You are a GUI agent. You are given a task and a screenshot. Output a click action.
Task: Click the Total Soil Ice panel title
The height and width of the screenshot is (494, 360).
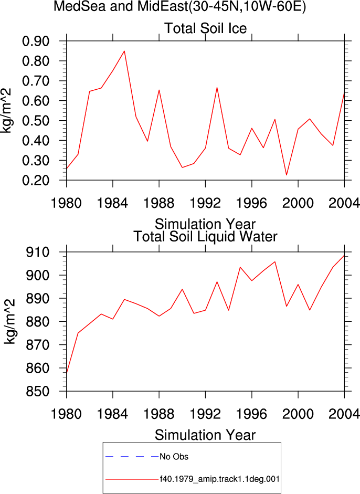(x=205, y=28)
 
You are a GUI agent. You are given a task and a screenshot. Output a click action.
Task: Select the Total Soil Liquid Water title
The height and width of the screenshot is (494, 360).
(x=205, y=237)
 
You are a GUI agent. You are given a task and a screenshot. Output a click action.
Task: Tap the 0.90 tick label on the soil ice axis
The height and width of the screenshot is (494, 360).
(x=36, y=41)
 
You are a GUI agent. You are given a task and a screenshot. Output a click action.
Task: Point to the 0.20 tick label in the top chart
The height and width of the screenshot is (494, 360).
(x=36, y=181)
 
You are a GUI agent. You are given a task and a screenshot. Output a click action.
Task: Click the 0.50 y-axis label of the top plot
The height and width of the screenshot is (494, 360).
(x=36, y=121)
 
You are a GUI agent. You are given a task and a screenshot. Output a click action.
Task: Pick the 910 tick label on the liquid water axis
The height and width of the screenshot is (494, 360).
(x=38, y=252)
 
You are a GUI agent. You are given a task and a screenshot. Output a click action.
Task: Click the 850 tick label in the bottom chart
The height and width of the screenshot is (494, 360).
(x=38, y=391)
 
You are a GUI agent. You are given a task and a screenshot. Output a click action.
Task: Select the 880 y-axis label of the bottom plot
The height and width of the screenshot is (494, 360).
(x=38, y=322)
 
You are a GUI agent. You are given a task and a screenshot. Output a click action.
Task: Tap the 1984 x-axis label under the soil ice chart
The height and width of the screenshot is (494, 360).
(x=112, y=203)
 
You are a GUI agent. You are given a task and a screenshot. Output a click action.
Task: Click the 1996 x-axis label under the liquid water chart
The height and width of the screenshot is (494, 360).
(x=251, y=414)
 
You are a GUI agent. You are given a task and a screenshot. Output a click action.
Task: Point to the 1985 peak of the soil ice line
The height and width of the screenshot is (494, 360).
(x=124, y=51)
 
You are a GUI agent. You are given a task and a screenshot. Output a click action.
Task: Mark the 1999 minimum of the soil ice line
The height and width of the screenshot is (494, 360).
(x=287, y=175)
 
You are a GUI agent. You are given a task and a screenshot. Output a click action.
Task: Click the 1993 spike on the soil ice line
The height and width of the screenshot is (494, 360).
(x=217, y=88)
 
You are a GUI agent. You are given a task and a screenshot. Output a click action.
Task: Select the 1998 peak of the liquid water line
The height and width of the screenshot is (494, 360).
(x=275, y=262)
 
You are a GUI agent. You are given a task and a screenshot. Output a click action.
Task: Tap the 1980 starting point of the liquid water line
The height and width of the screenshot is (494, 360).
(x=67, y=374)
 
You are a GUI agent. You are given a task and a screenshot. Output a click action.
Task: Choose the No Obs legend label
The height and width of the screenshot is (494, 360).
(x=174, y=457)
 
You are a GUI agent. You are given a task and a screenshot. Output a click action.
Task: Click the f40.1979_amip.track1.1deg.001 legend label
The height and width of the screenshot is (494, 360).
(x=220, y=479)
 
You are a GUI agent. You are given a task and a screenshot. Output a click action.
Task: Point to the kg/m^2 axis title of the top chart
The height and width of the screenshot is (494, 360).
(x=7, y=111)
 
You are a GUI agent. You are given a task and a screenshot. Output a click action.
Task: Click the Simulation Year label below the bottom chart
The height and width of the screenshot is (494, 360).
(x=205, y=435)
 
